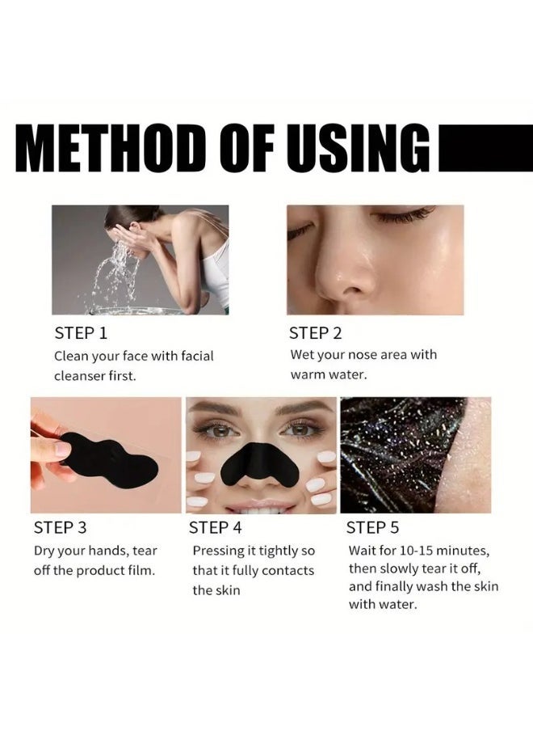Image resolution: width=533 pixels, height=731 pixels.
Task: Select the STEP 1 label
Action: (81, 332)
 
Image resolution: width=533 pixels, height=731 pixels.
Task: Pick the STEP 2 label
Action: (316, 332)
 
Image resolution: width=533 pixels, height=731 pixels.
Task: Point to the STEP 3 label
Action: (60, 528)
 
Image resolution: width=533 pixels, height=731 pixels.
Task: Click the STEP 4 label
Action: (215, 528)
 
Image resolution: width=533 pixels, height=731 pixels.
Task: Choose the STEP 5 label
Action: (372, 528)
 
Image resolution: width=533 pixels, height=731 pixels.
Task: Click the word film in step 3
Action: (140, 570)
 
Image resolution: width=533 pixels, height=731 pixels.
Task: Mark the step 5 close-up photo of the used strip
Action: (415, 455)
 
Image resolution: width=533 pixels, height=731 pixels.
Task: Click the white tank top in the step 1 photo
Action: (216, 275)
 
